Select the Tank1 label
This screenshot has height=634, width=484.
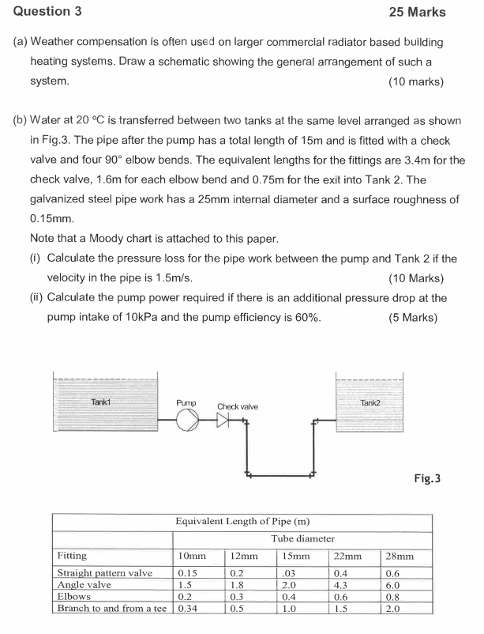[100, 402]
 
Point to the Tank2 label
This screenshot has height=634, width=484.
[370, 402]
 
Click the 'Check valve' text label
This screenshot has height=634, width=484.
[238, 406]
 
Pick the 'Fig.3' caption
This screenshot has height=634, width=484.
[427, 478]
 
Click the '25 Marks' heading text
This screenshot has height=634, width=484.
[418, 12]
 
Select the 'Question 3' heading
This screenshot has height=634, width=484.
[47, 11]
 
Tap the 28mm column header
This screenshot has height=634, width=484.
[400, 556]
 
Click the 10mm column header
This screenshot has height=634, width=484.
[192, 556]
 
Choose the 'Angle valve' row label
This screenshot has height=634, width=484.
[84, 585]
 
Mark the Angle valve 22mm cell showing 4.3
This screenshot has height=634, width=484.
[340, 585]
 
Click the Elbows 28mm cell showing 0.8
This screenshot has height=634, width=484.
[392, 597]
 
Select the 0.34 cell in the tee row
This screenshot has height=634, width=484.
[188, 608]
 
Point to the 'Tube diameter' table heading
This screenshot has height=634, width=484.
[303, 538]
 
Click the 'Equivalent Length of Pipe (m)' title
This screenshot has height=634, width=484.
[242, 521]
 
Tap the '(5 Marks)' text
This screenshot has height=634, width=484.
[413, 318]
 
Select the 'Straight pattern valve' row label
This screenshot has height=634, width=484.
[105, 573]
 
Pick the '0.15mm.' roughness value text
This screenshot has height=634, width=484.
[52, 219]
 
